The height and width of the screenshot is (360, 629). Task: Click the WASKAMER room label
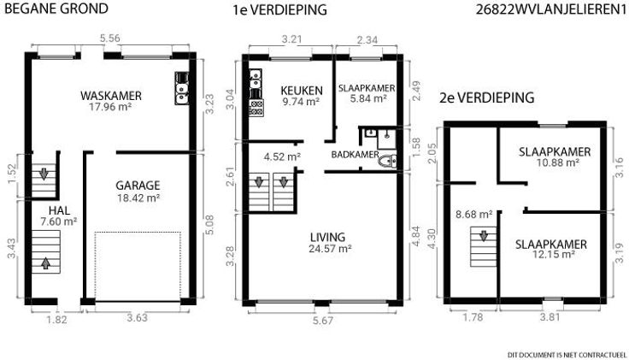(x=111, y=96)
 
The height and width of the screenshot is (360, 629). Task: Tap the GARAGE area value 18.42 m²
(x=138, y=198)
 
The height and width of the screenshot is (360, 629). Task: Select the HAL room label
(x=59, y=210)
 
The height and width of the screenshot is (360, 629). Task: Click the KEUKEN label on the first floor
(x=302, y=91)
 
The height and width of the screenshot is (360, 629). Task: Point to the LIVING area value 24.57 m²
(x=330, y=249)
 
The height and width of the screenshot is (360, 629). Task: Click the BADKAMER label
(x=355, y=155)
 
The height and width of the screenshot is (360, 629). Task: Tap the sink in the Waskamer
(x=182, y=88)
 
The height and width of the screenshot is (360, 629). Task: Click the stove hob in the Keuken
(x=256, y=108)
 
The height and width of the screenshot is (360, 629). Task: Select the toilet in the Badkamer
(x=387, y=161)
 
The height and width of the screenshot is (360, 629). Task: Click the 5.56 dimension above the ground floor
(x=110, y=38)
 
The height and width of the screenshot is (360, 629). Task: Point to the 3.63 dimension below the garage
(x=138, y=318)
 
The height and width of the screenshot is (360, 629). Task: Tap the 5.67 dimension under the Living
(x=323, y=321)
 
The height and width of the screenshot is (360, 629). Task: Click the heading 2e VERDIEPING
(x=486, y=97)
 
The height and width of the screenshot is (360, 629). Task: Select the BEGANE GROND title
(x=56, y=9)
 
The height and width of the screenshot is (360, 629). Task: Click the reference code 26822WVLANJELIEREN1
(x=551, y=9)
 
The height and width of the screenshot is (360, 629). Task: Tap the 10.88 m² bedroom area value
(x=557, y=162)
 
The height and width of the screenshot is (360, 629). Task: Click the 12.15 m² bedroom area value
(x=554, y=255)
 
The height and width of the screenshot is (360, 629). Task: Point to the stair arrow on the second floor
(x=484, y=236)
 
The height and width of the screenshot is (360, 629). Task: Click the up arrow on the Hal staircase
(x=46, y=263)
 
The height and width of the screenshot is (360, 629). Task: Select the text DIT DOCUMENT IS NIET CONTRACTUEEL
(x=567, y=355)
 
